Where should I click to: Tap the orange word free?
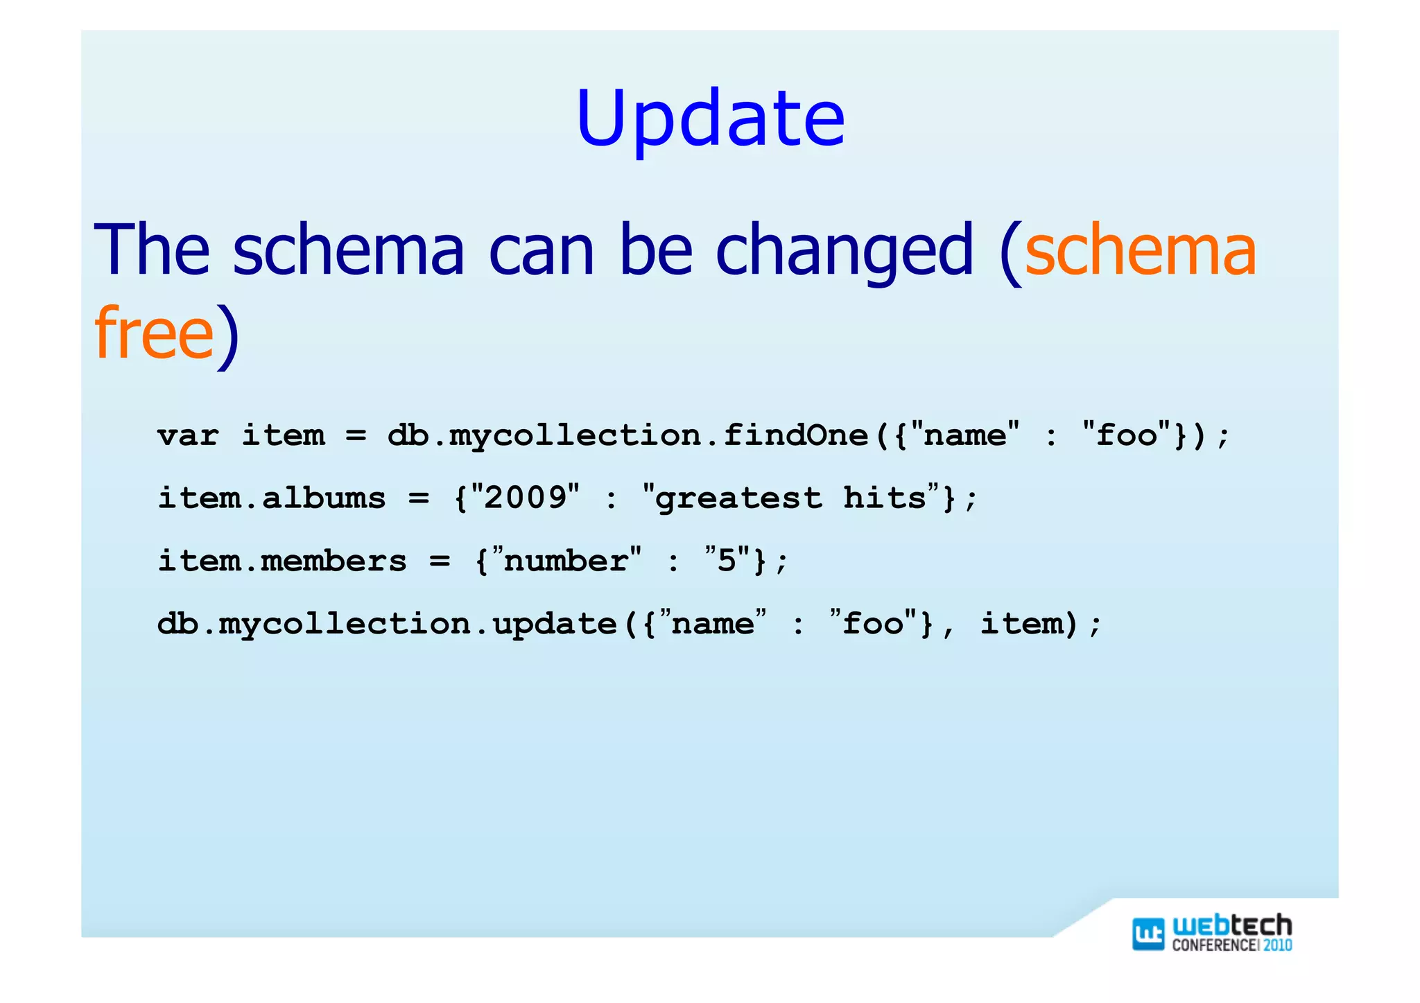tap(154, 333)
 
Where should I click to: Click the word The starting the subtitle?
tap(151, 250)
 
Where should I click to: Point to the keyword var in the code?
tap(188, 436)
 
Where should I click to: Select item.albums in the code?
tap(272, 498)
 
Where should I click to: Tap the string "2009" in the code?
tap(526, 497)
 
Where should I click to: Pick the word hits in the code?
tap(885, 498)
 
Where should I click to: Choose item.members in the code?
tap(282, 561)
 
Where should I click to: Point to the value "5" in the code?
tap(727, 559)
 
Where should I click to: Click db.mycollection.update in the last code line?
tap(387, 624)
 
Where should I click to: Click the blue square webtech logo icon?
tap(1148, 933)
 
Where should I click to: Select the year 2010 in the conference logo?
tap(1277, 945)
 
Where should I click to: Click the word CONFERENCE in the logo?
tap(1213, 945)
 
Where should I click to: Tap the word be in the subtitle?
tap(655, 250)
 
